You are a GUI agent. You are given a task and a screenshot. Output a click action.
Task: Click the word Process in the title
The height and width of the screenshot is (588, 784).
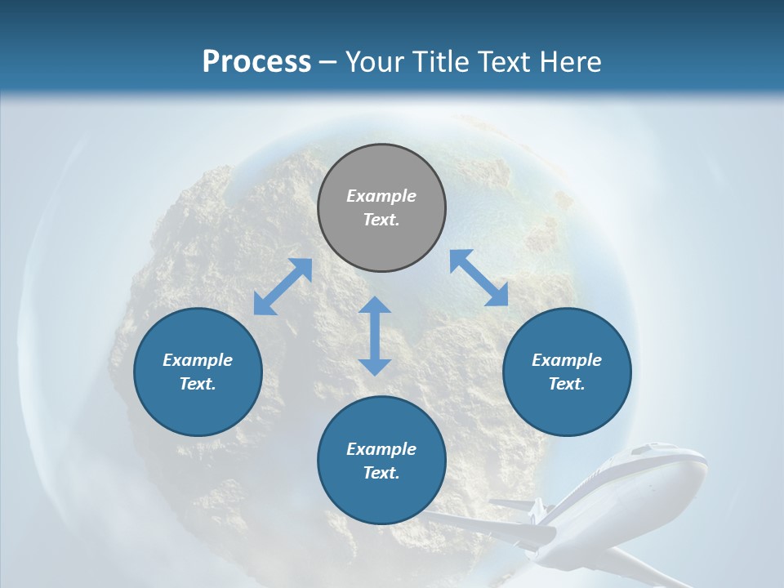click(x=256, y=62)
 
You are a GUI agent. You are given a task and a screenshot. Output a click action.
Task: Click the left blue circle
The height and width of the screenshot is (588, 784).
click(x=198, y=372)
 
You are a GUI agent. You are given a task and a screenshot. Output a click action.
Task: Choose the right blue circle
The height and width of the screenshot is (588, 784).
click(x=567, y=372)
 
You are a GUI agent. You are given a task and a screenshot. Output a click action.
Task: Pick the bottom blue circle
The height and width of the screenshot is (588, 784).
click(x=381, y=460)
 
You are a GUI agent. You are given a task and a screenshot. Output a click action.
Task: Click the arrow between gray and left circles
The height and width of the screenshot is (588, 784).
click(x=283, y=287)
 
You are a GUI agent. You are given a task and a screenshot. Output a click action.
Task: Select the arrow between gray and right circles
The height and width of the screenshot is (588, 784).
click(x=479, y=278)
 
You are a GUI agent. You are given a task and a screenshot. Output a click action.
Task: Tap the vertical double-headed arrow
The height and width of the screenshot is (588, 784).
click(x=375, y=336)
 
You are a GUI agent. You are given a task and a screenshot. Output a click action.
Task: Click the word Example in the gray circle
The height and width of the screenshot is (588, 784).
click(x=381, y=196)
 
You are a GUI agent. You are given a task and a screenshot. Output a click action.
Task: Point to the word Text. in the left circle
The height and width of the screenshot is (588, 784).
click(x=198, y=384)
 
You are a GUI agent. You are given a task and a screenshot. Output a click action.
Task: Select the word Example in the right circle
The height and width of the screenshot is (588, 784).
click(x=567, y=360)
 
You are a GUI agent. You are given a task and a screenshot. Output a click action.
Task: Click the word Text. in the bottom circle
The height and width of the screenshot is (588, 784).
click(x=381, y=473)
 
